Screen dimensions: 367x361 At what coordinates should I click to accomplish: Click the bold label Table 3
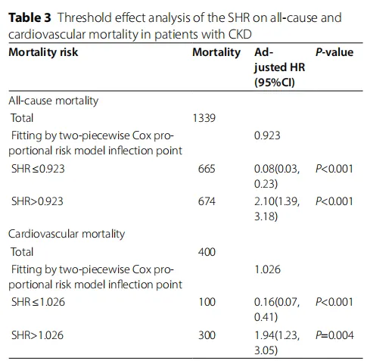pos(30,18)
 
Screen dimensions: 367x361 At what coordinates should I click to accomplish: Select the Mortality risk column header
pos(43,52)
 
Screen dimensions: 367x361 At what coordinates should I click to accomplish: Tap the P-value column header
pos(334,52)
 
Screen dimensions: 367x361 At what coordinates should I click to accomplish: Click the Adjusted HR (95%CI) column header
pos(279,67)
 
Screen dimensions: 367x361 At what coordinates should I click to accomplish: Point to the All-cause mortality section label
pos(54,101)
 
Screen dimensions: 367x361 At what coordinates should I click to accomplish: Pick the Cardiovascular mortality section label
pos(67,234)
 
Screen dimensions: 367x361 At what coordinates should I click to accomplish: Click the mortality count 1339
pos(204,118)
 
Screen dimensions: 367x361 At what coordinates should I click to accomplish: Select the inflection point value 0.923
pos(267,135)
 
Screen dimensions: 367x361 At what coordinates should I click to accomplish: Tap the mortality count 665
pos(207,169)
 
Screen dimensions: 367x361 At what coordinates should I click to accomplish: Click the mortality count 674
pos(207,201)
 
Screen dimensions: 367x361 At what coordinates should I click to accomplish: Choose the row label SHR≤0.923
pos(38,169)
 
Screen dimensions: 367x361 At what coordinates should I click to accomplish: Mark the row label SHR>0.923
pos(37,201)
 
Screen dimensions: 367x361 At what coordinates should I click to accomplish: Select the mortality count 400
pos(207,252)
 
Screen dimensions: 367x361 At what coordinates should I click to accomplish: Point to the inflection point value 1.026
pos(267,269)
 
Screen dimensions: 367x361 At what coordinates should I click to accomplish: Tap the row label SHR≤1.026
pos(38,302)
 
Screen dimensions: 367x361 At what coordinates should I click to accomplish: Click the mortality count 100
pos(207,302)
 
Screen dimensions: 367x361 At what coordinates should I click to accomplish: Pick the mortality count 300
pos(207,335)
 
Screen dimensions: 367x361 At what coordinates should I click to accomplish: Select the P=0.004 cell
pos(334,335)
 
